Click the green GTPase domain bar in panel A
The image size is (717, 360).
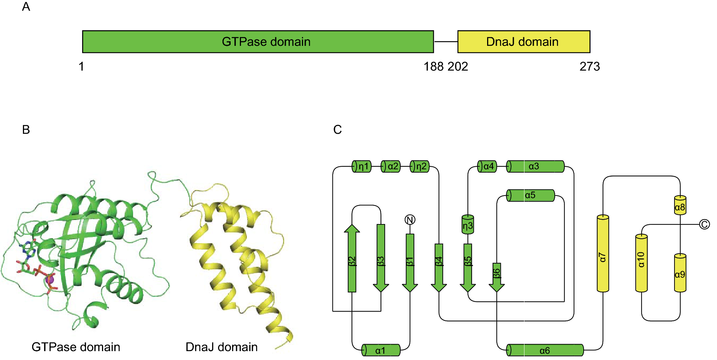[x=258, y=42]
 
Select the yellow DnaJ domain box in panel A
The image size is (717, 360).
[x=523, y=42]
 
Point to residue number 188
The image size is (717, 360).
[x=433, y=67]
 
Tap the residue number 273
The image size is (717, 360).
[x=589, y=67]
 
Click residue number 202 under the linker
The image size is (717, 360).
[x=458, y=67]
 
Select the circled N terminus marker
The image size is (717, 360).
[x=410, y=220]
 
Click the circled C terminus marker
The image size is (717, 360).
[x=704, y=224]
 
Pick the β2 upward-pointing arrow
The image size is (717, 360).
[x=352, y=259]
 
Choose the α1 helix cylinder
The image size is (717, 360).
[x=381, y=350]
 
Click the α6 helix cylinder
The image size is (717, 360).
[x=544, y=350]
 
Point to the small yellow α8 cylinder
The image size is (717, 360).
[x=680, y=206]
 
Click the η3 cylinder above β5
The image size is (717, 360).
[x=468, y=225]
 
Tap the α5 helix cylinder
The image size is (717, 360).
[x=530, y=195]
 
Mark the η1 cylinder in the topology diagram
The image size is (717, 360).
[x=361, y=166]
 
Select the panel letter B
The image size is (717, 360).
[x=26, y=130]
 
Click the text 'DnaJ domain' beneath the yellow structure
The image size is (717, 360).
[x=221, y=347]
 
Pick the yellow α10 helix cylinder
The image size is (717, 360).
[x=641, y=263]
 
